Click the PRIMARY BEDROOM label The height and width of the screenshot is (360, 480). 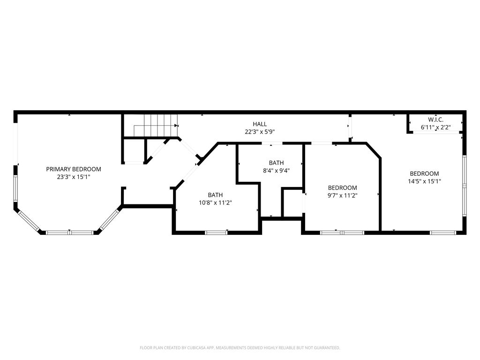point(74,169)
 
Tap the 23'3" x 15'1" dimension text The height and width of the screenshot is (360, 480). point(74,177)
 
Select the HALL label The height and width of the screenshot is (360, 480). point(260,124)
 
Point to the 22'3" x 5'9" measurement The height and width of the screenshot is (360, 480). point(260,132)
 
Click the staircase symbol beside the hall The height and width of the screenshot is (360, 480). point(156,126)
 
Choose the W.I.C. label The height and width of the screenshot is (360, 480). point(435,120)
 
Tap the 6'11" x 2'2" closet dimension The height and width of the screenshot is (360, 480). point(435,127)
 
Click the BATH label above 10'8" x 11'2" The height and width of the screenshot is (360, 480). point(215,195)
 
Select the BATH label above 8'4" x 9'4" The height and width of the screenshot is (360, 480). point(276,163)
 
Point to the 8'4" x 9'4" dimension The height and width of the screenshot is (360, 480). point(276,171)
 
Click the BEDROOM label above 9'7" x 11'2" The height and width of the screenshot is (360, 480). point(342,187)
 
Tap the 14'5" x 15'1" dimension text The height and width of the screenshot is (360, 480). point(424,181)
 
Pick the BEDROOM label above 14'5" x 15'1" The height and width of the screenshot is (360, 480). point(424,173)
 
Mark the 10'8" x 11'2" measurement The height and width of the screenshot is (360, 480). point(215,202)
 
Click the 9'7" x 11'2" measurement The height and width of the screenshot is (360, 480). point(342,195)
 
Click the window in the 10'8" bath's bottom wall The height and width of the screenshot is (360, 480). point(216,232)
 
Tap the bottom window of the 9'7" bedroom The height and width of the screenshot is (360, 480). point(342,232)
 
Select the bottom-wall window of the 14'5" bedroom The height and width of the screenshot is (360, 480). point(443,232)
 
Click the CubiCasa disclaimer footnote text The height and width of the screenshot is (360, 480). point(240,348)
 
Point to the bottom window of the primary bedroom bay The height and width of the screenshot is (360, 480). point(69,232)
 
